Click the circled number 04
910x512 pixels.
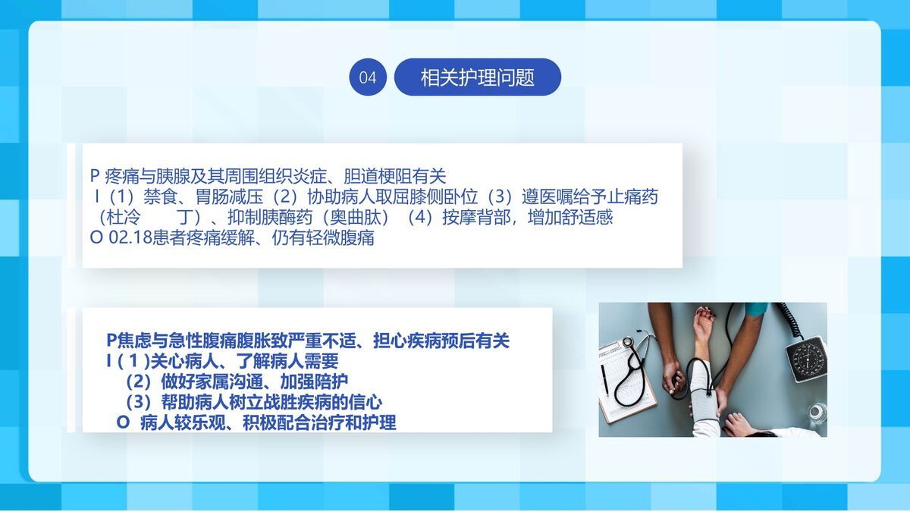coord(368,77)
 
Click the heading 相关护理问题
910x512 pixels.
coord(478,77)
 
